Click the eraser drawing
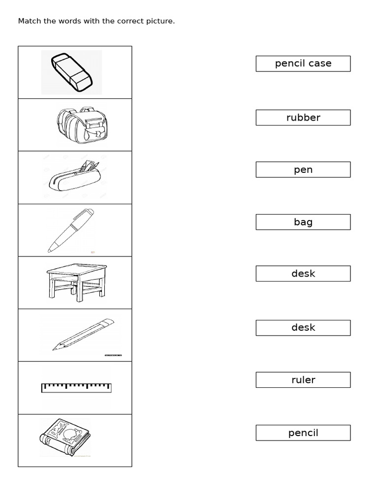(72, 72)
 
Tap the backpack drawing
(82, 126)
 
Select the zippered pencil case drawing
(73, 178)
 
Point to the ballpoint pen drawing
(71, 230)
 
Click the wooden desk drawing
(77, 282)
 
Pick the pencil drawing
(83, 335)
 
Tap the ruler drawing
(76, 388)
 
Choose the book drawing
(64, 437)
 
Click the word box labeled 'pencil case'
(303, 63)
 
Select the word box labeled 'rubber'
(303, 118)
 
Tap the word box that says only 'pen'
(303, 170)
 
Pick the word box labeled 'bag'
(303, 222)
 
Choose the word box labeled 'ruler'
(303, 380)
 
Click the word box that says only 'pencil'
(303, 433)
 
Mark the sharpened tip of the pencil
(55, 349)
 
